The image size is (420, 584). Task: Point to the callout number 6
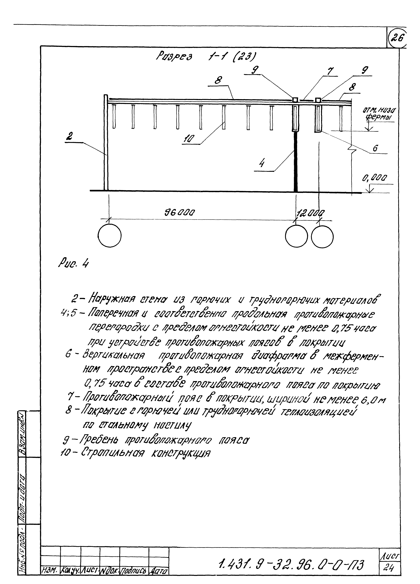coord(375,148)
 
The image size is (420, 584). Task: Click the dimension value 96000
coord(180,213)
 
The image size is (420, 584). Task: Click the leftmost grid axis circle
coord(110,236)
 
